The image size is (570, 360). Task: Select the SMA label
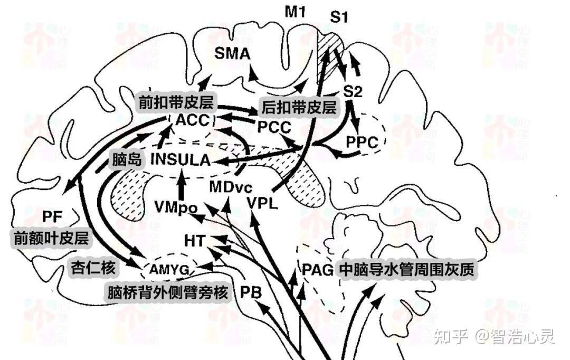(232, 53)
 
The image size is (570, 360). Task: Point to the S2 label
(353, 92)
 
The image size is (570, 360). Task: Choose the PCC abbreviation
(274, 127)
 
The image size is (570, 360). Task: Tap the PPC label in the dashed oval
(362, 142)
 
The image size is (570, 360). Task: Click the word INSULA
(180, 159)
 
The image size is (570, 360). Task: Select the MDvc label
(231, 186)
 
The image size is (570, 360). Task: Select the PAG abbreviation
(318, 270)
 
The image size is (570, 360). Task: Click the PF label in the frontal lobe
(52, 216)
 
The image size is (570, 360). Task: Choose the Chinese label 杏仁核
(93, 268)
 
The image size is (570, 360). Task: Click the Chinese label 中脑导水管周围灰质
(407, 270)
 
